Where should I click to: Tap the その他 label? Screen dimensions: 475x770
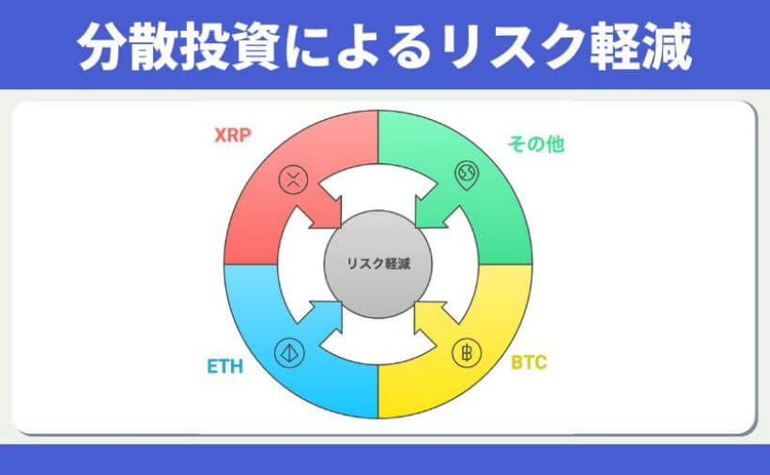tap(536, 145)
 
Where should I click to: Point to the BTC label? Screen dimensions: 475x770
tap(529, 361)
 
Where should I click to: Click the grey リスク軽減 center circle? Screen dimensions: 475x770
tap(378, 264)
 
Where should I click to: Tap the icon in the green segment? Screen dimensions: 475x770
tap(467, 175)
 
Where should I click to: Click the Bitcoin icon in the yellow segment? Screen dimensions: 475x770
tap(465, 353)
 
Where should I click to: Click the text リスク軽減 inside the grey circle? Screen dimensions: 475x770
tap(378, 265)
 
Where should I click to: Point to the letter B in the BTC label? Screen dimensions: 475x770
tap(516, 361)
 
